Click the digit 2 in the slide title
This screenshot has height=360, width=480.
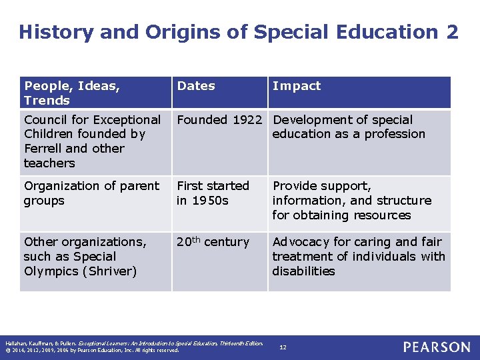pyautogui.click(x=451, y=32)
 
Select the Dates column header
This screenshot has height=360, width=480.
pyautogui.click(x=196, y=86)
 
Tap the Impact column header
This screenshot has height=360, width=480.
pyautogui.click(x=297, y=86)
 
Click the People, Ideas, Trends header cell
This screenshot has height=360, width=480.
pyautogui.click(x=72, y=93)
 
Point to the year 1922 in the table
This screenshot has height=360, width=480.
pyautogui.click(x=247, y=120)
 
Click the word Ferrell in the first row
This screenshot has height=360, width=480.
pyautogui.click(x=44, y=149)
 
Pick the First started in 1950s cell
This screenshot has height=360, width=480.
pyautogui.click(x=213, y=193)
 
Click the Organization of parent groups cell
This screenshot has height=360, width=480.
pyautogui.click(x=91, y=193)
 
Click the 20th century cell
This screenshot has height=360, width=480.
pyautogui.click(x=213, y=242)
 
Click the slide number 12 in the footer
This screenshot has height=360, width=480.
pyautogui.click(x=283, y=347)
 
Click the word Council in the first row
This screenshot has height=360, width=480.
pyautogui.click(x=46, y=120)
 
